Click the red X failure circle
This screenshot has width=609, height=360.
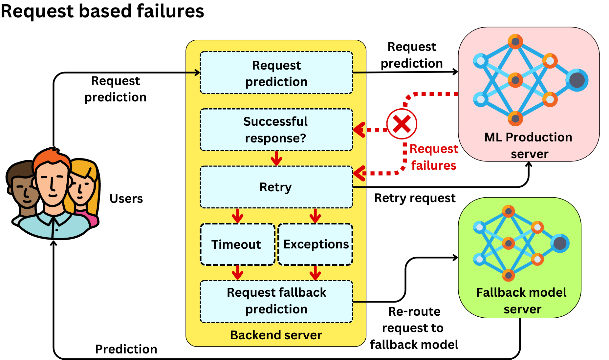pyautogui.click(x=402, y=124)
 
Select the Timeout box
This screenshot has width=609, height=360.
pyautogui.click(x=237, y=244)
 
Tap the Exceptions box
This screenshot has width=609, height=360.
pyautogui.click(x=315, y=244)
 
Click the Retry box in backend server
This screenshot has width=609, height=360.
pyautogui.click(x=276, y=187)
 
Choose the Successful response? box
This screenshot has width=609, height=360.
pyautogui.click(x=276, y=130)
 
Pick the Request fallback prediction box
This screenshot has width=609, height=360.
pyautogui.click(x=276, y=301)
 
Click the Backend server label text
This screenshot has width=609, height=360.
pyautogui.click(x=276, y=335)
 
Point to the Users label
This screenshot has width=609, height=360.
pyautogui.click(x=126, y=199)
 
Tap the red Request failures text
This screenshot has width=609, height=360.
pyautogui.click(x=433, y=157)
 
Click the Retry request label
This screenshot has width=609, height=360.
pyautogui.click(x=415, y=198)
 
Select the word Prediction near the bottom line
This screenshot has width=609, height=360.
pyautogui.click(x=126, y=349)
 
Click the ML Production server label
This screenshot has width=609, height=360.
pyautogui.click(x=529, y=145)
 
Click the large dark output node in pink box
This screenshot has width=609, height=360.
pyautogui.click(x=577, y=80)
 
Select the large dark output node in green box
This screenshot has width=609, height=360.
pyautogui.click(x=560, y=243)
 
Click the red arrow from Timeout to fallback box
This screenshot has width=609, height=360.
pyautogui.click(x=237, y=272)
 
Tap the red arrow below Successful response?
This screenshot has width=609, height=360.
pyautogui.click(x=276, y=159)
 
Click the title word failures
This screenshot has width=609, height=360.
pyautogui.click(x=170, y=11)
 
